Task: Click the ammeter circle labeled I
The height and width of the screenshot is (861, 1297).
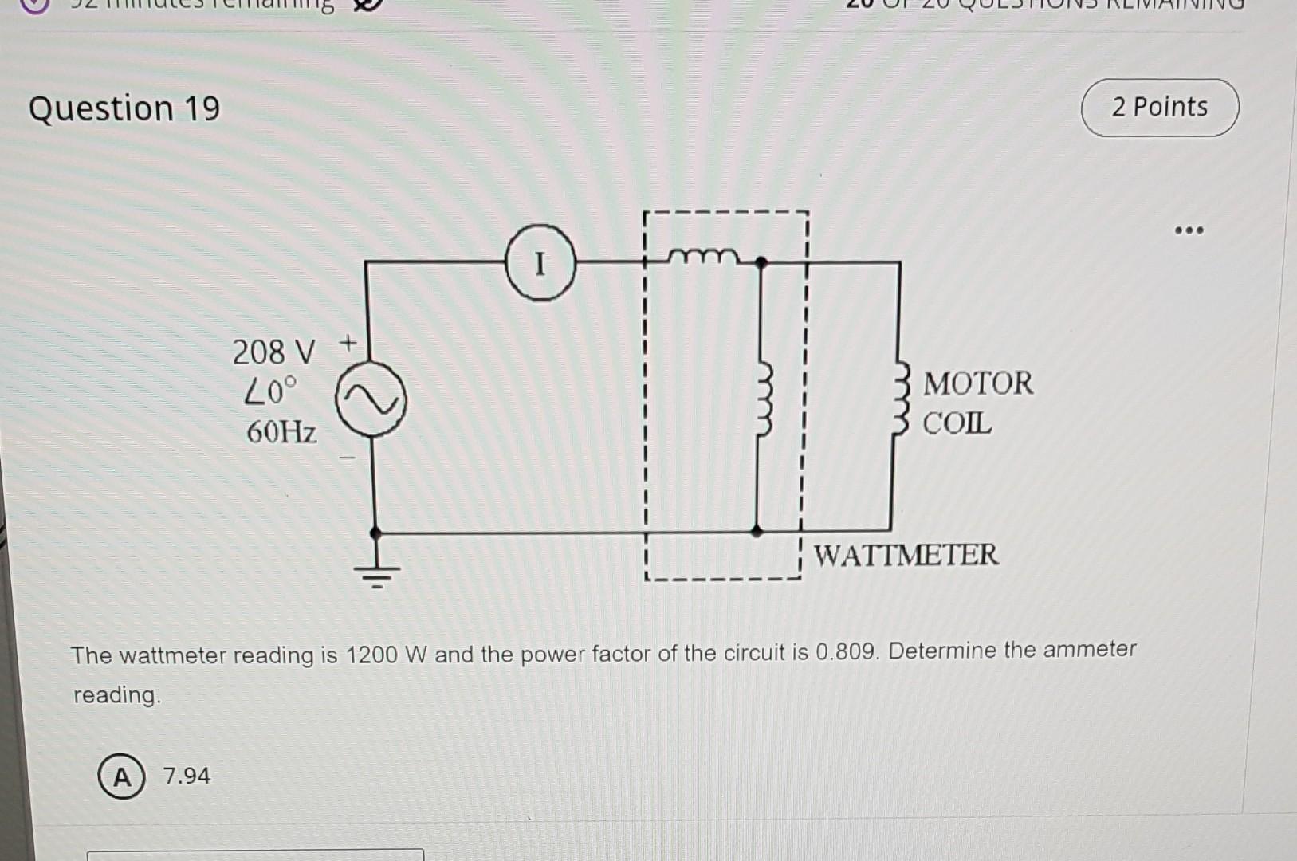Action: tap(540, 262)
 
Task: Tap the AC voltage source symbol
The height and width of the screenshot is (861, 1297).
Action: tap(371, 399)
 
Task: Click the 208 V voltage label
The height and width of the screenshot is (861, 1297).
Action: tap(273, 352)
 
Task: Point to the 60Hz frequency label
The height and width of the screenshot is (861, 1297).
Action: tap(281, 432)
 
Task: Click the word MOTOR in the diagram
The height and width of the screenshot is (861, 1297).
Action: tap(977, 383)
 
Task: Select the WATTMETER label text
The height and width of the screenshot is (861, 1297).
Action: tap(906, 554)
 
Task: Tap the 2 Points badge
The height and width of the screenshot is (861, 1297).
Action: tap(1159, 108)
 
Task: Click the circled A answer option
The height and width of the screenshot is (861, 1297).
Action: tap(121, 776)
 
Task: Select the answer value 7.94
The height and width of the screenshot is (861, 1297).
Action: tap(187, 776)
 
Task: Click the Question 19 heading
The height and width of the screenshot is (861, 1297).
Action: tap(124, 108)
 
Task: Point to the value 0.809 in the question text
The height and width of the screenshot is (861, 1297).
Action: tap(847, 652)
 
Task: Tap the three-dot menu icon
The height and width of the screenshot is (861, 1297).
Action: tap(1189, 231)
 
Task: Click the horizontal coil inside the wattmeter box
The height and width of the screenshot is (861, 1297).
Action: tap(703, 256)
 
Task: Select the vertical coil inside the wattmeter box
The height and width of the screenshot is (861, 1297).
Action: tap(764, 399)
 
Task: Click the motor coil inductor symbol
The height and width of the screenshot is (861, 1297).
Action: tap(901, 398)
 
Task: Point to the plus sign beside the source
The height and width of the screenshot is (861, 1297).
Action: tap(348, 344)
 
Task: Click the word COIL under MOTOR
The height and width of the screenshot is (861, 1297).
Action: tap(957, 423)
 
